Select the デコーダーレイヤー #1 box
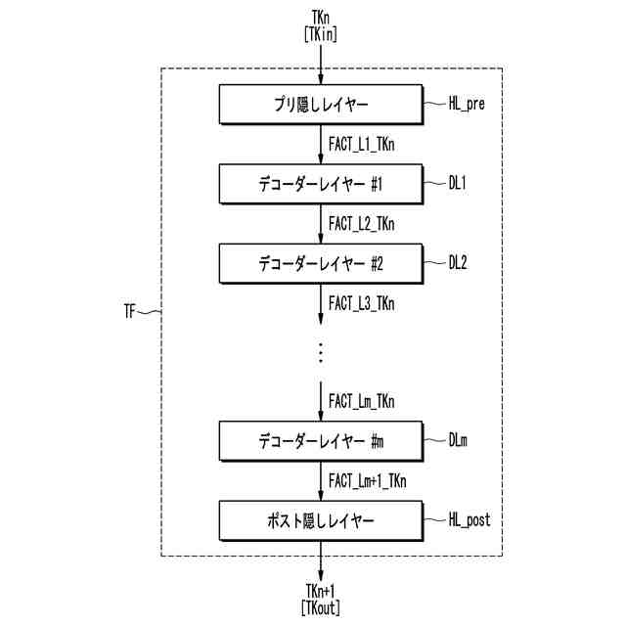click(320, 183)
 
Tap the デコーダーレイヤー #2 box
click(320, 262)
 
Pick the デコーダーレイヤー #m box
click(320, 441)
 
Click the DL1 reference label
click(459, 182)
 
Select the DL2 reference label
click(460, 261)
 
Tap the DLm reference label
click(460, 440)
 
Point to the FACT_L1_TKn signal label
click(362, 144)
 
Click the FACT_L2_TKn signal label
click(362, 223)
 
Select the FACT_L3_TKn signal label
click(362, 302)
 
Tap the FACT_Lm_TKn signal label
click(362, 401)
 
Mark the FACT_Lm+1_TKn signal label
click(368, 480)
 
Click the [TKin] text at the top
click(321, 33)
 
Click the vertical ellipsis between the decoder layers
click(321, 352)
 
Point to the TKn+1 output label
click(321, 591)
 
